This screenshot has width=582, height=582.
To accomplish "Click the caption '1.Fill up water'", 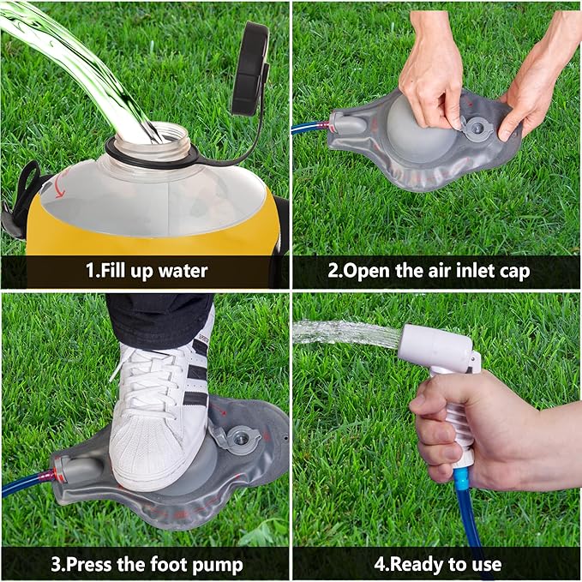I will tap(146, 272).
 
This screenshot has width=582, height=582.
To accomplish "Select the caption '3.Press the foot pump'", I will tap(145, 565).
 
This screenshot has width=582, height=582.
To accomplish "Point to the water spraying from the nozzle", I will tap(343, 333).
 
